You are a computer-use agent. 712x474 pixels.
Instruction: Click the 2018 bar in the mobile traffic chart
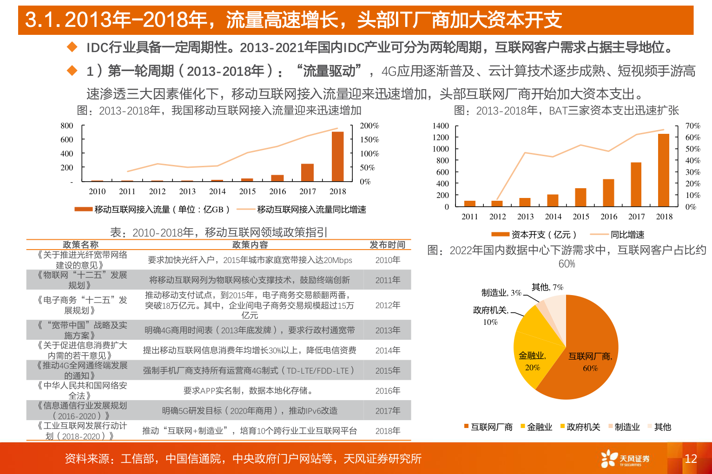(337, 157)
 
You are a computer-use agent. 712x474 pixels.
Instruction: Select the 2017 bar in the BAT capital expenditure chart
(636, 184)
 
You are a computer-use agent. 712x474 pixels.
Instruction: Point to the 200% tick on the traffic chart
(369, 126)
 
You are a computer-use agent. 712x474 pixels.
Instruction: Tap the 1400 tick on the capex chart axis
(441, 126)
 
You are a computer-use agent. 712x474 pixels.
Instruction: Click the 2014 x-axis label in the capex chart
(553, 217)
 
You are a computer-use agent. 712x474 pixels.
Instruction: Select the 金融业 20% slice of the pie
(532, 362)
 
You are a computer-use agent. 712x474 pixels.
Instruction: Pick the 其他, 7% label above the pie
(547, 287)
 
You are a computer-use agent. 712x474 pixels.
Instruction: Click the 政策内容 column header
(250, 244)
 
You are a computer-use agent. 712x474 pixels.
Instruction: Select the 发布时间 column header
(387, 244)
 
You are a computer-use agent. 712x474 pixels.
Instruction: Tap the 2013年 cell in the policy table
(388, 330)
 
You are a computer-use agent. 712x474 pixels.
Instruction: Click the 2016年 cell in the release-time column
(388, 391)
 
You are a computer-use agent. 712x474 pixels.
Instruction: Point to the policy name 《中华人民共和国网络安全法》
(82, 390)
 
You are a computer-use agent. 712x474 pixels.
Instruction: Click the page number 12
(691, 459)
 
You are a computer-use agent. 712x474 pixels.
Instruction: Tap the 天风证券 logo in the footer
(625, 459)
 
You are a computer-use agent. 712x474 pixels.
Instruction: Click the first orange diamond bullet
(72, 47)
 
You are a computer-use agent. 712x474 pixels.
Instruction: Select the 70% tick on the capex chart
(692, 126)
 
